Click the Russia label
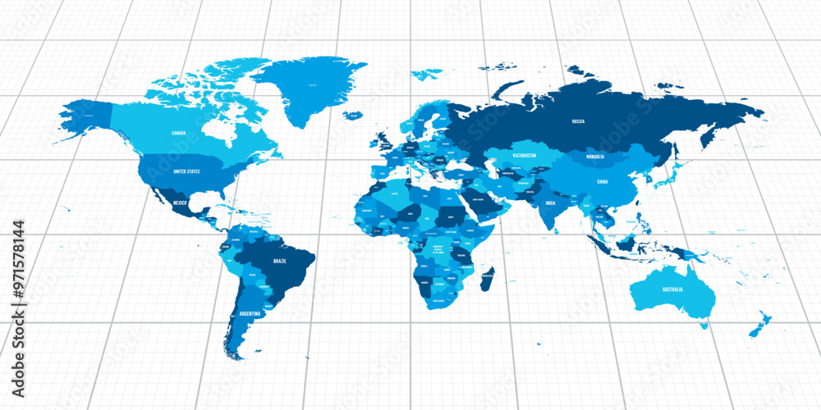578,121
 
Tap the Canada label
178,132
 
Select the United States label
186,171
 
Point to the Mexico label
181,202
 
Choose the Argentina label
250,313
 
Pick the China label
603,181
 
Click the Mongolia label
595,156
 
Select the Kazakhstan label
524,155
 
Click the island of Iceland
354,116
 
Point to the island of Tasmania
704,326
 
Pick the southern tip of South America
237,356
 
